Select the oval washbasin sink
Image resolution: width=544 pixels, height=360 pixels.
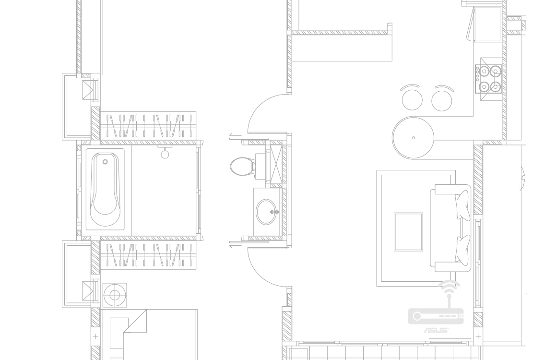[x=267, y=212]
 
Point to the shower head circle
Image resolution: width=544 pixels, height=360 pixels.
[x=165, y=154]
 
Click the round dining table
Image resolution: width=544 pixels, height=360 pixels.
[x=414, y=137]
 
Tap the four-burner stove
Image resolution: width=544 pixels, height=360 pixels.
[x=490, y=79]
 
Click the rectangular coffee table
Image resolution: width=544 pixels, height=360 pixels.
[x=408, y=232]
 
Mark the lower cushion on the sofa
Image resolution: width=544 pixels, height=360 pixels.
[x=463, y=249]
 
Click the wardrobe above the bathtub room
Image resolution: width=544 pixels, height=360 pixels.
[x=148, y=125]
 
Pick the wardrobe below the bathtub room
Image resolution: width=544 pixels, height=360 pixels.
[x=148, y=254]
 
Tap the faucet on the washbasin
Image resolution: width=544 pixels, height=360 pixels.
[x=275, y=212]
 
